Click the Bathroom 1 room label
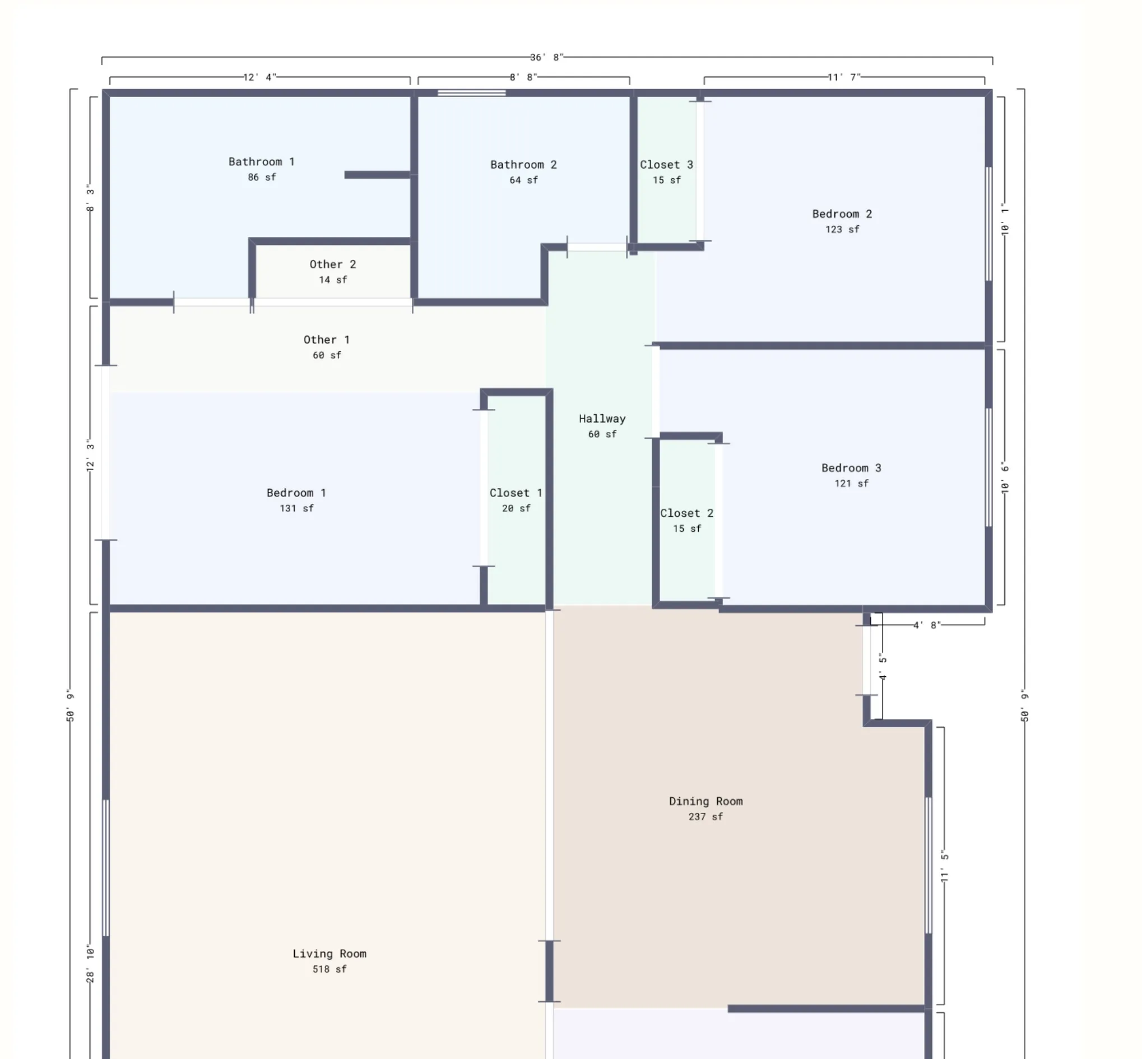tap(261, 162)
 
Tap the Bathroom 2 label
tap(523, 165)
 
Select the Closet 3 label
tap(666, 165)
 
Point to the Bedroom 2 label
tap(842, 214)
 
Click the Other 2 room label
tap(332, 264)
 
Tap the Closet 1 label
tap(516, 494)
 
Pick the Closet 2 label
tap(686, 513)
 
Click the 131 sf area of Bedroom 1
tap(296, 509)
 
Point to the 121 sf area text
tap(851, 484)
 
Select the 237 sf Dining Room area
tap(705, 817)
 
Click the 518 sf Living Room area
tap(329, 969)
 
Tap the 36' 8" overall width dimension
tap(547, 57)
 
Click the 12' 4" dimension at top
tap(259, 77)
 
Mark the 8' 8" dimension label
tap(523, 77)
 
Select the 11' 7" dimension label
tap(844, 77)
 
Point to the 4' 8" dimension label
tap(927, 625)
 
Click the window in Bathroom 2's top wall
tap(472, 93)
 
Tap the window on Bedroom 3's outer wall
tap(988, 468)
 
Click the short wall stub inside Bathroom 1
tap(377, 175)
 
